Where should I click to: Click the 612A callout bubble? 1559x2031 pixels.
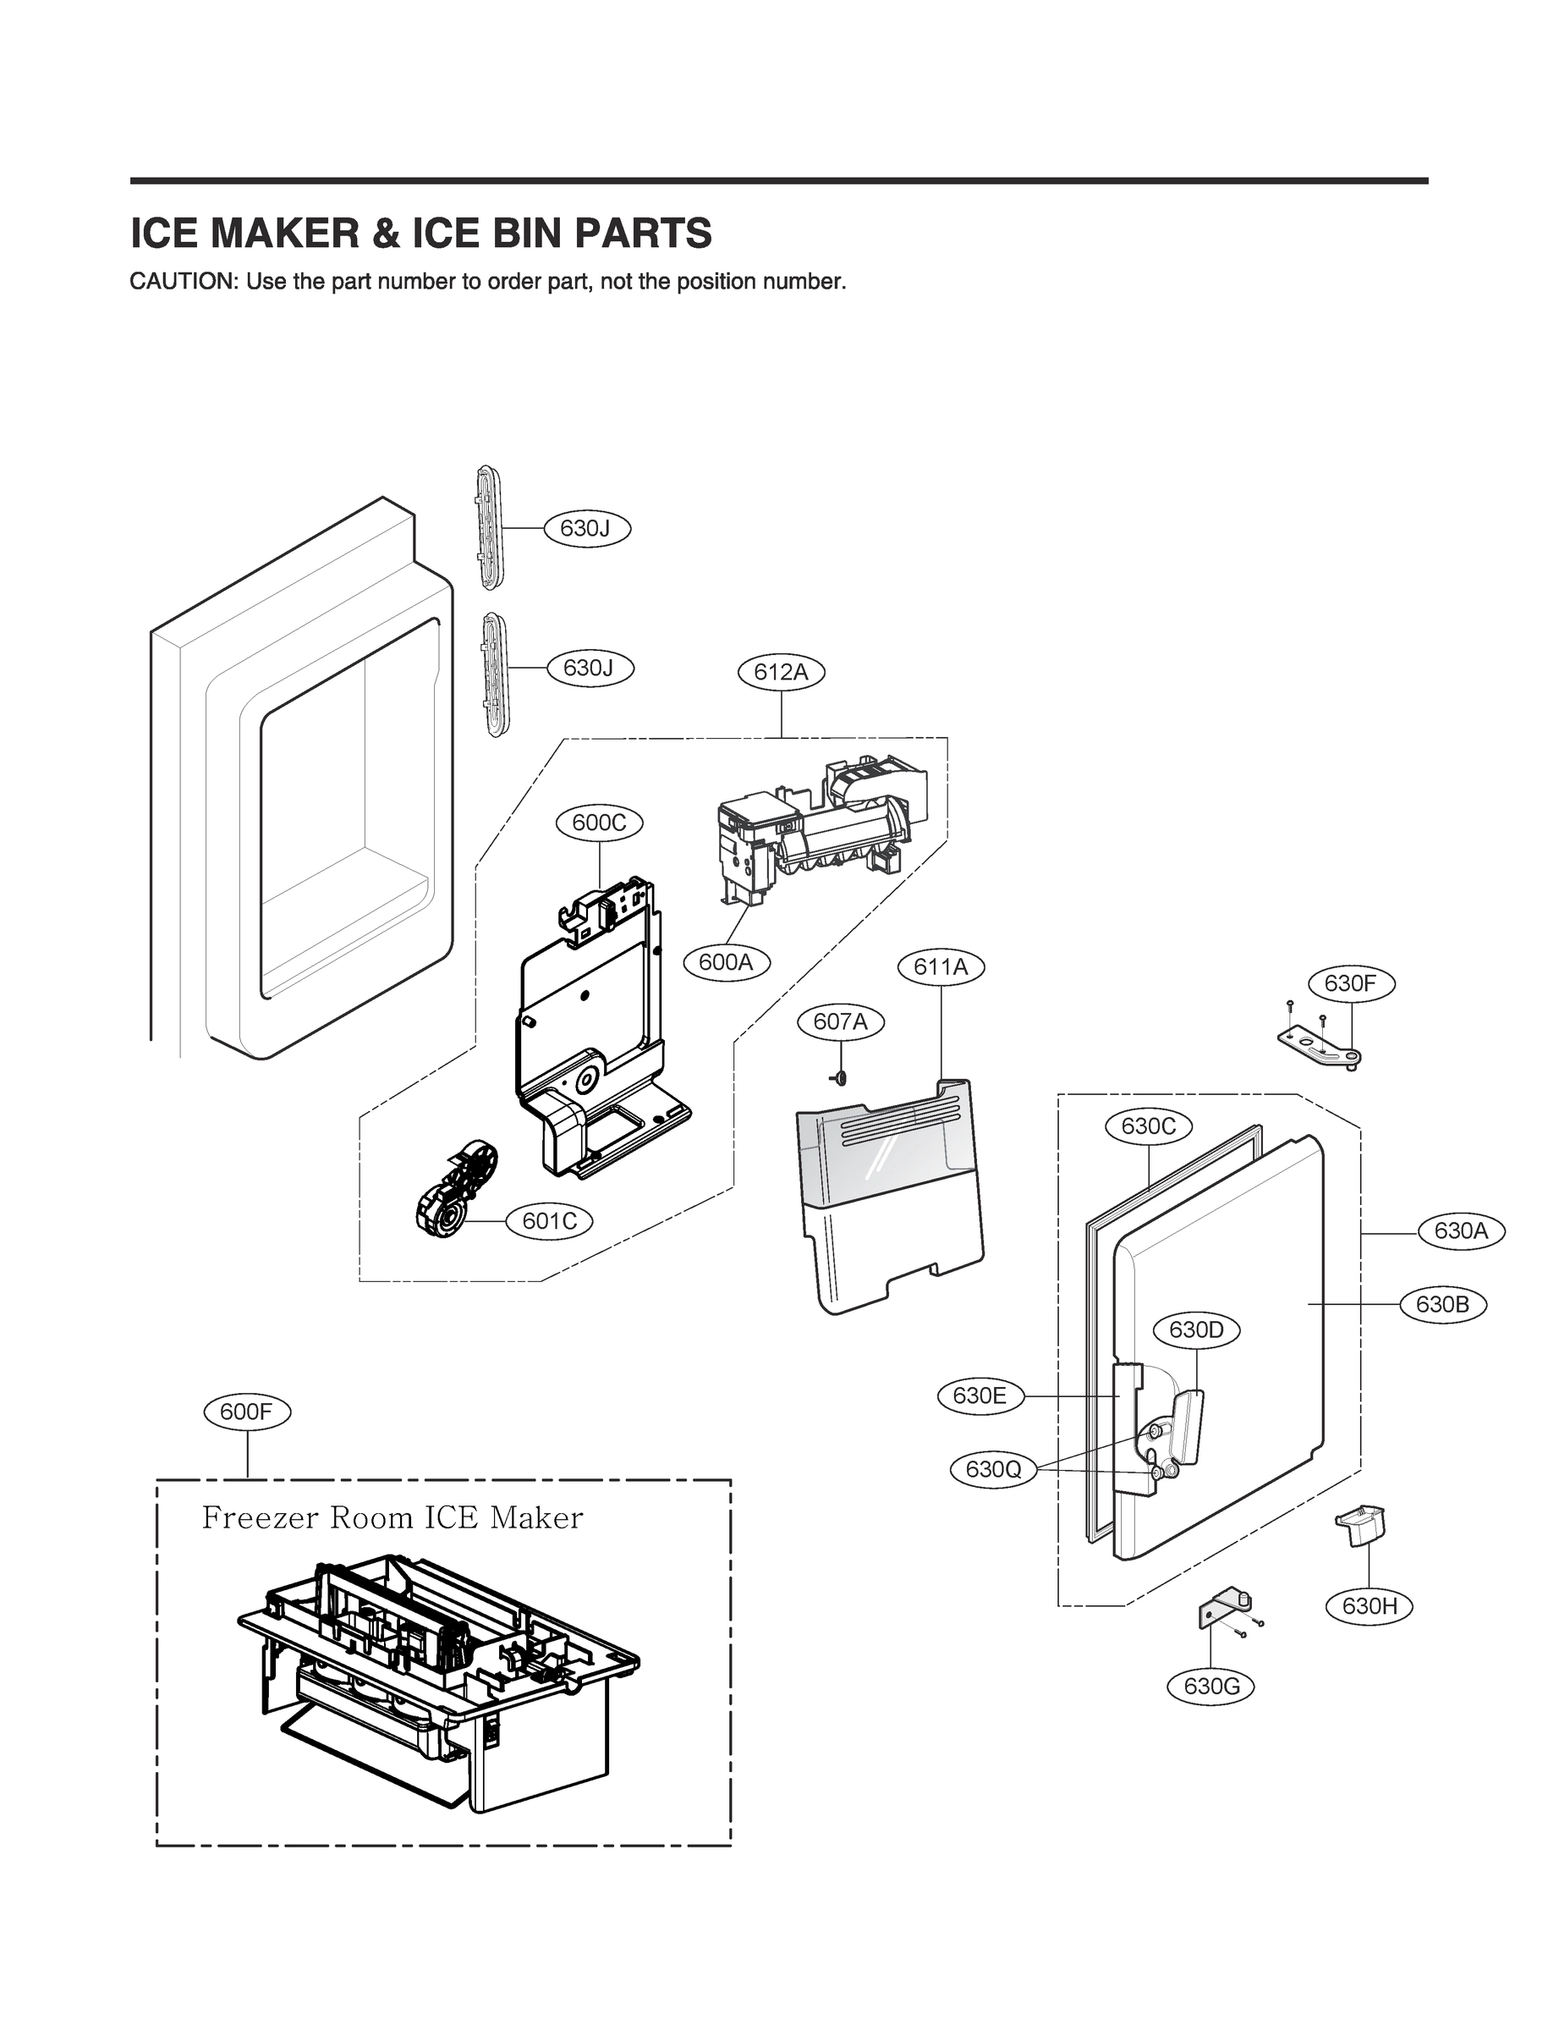tap(781, 671)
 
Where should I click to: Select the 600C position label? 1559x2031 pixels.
tap(599, 823)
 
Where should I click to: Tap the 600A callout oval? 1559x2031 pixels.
tap(726, 962)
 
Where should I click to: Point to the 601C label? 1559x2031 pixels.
tap(549, 1220)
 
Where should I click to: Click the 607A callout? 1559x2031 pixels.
tap(841, 1022)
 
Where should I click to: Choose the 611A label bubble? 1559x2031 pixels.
tap(941, 967)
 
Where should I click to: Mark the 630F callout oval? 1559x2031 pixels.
tap(1351, 983)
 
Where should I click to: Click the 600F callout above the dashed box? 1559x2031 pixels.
tap(247, 1412)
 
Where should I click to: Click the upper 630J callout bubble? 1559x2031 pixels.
tap(586, 528)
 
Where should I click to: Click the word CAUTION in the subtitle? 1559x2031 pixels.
tap(183, 281)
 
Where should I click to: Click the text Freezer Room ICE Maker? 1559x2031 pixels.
tap(392, 1519)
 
